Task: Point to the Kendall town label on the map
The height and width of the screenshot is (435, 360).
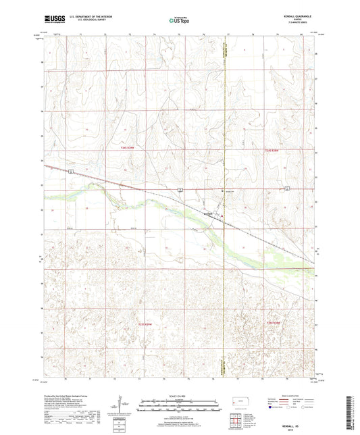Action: coord(209,214)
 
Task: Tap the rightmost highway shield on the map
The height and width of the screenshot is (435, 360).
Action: coord(288,188)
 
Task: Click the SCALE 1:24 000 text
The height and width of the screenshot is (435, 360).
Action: coord(180,396)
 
